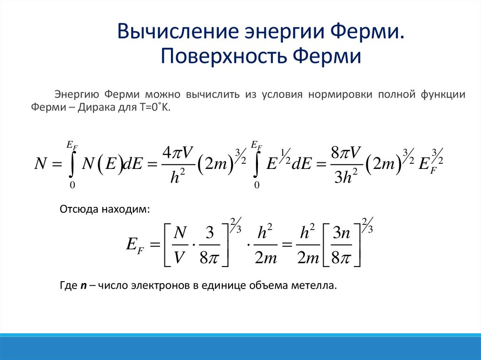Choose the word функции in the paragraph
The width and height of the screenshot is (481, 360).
[x=444, y=94]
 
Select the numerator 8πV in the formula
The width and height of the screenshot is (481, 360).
[x=345, y=153]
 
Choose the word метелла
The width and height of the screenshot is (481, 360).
[x=318, y=285]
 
